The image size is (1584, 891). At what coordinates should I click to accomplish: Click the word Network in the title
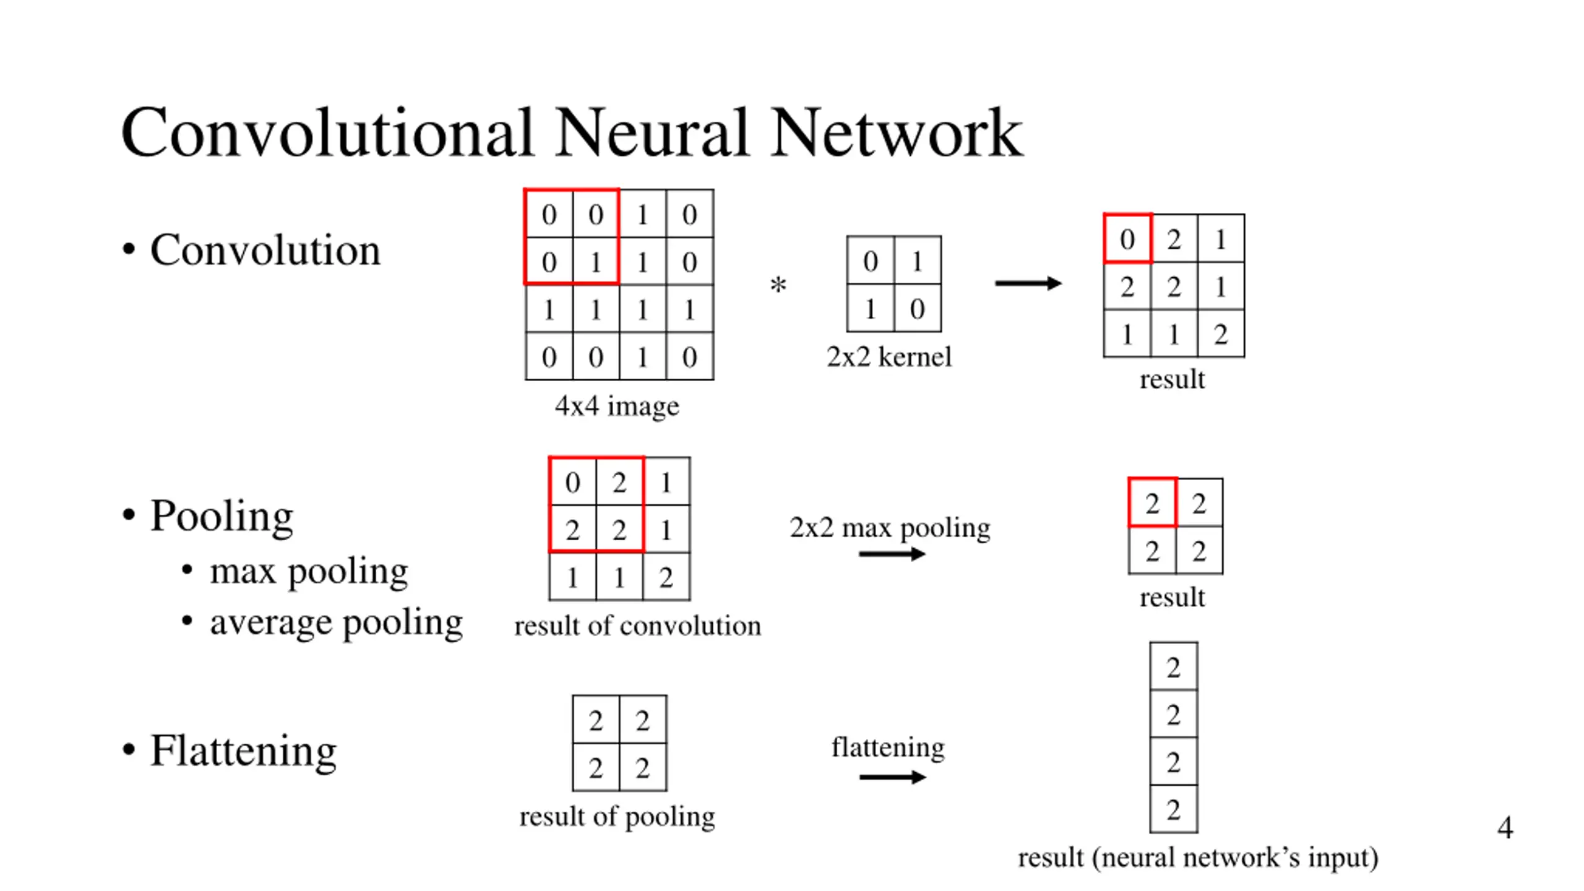(897, 133)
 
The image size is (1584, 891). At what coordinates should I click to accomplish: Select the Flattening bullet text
(243, 751)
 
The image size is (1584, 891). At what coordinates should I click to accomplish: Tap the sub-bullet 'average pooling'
(336, 622)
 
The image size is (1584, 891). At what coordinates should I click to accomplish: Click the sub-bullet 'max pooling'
(309, 570)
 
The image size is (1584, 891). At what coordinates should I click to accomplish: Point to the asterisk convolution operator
(778, 286)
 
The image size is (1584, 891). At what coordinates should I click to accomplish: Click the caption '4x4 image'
(617, 407)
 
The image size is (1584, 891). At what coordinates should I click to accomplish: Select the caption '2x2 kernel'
(889, 357)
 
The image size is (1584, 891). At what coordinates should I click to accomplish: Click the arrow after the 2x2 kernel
(1028, 283)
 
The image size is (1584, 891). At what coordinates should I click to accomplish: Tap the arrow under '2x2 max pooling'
(892, 554)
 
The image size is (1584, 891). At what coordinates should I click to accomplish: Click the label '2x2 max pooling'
(890, 528)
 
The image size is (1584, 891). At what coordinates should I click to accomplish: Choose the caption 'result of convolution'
(637, 626)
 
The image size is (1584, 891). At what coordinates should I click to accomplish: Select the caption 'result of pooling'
(617, 817)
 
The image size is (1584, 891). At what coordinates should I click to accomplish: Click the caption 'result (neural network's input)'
(1198, 858)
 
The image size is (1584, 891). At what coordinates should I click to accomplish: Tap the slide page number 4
(1505, 828)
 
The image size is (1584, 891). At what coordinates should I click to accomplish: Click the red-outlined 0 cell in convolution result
(1127, 239)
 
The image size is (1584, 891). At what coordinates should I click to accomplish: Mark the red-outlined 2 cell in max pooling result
(1152, 503)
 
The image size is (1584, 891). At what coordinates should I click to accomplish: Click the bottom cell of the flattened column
(1173, 809)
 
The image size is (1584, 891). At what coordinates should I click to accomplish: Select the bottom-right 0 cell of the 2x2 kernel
(918, 309)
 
